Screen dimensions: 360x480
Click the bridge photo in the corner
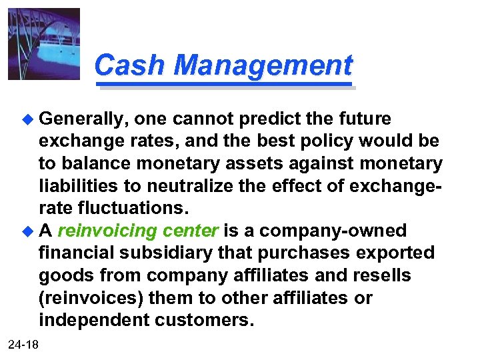pos(44,44)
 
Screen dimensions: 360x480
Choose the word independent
pos(94,321)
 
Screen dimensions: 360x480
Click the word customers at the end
pos(204,321)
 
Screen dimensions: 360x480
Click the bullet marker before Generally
pos(27,119)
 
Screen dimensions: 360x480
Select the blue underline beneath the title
pos(224,85)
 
